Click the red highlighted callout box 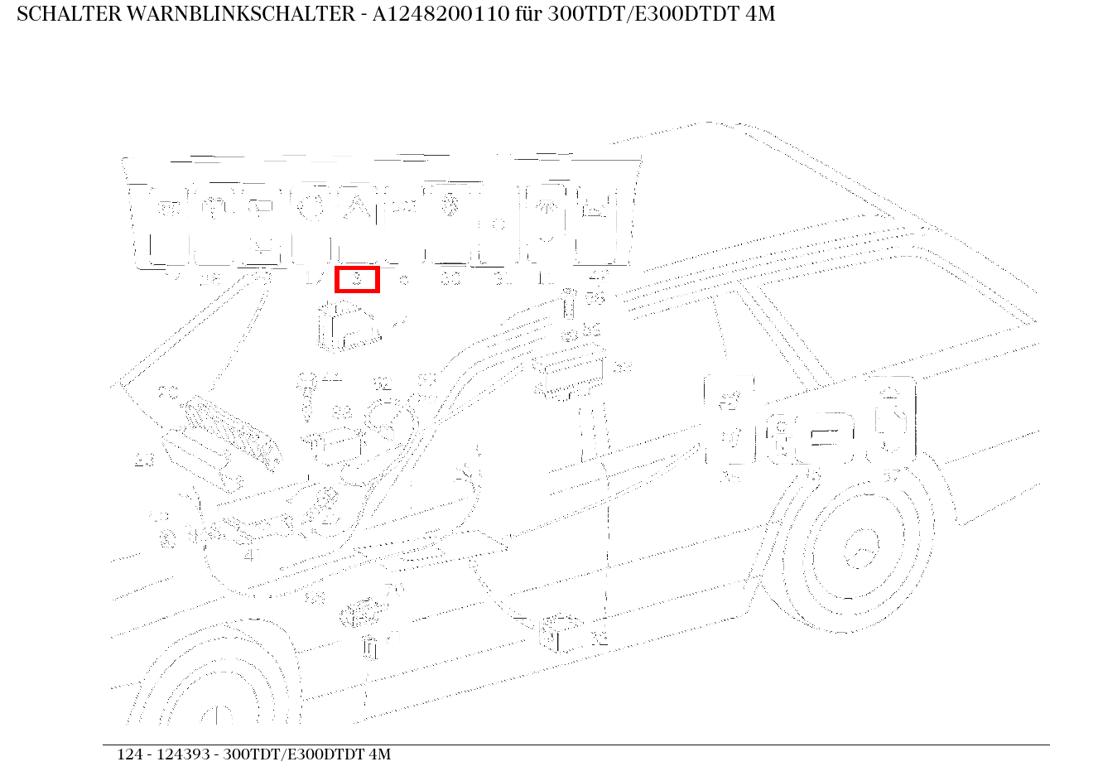pos(357,279)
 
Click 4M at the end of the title pos(758,14)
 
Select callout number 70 pos(393,590)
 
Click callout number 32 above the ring pos(382,383)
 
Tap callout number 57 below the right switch pos(891,475)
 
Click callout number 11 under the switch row pos(546,279)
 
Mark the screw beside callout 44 pos(307,393)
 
